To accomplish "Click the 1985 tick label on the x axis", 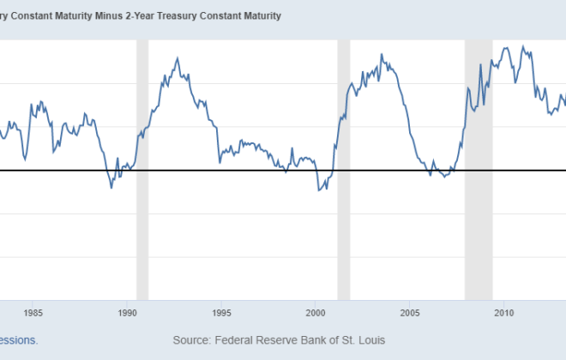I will coord(33,312).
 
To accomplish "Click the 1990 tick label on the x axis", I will coord(128,312).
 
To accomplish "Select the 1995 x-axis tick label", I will coord(222,312).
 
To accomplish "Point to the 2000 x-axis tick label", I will coord(316,312).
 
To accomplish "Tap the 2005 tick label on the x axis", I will coord(411,312).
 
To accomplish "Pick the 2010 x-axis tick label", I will coord(505,312).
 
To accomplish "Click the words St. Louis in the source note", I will coord(360,340).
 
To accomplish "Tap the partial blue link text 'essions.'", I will coord(19,340).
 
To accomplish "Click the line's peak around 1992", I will coord(177,58).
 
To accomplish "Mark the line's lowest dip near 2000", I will coord(319,189).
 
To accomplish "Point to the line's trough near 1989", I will coord(111,188).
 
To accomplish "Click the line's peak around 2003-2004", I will coord(382,55).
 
